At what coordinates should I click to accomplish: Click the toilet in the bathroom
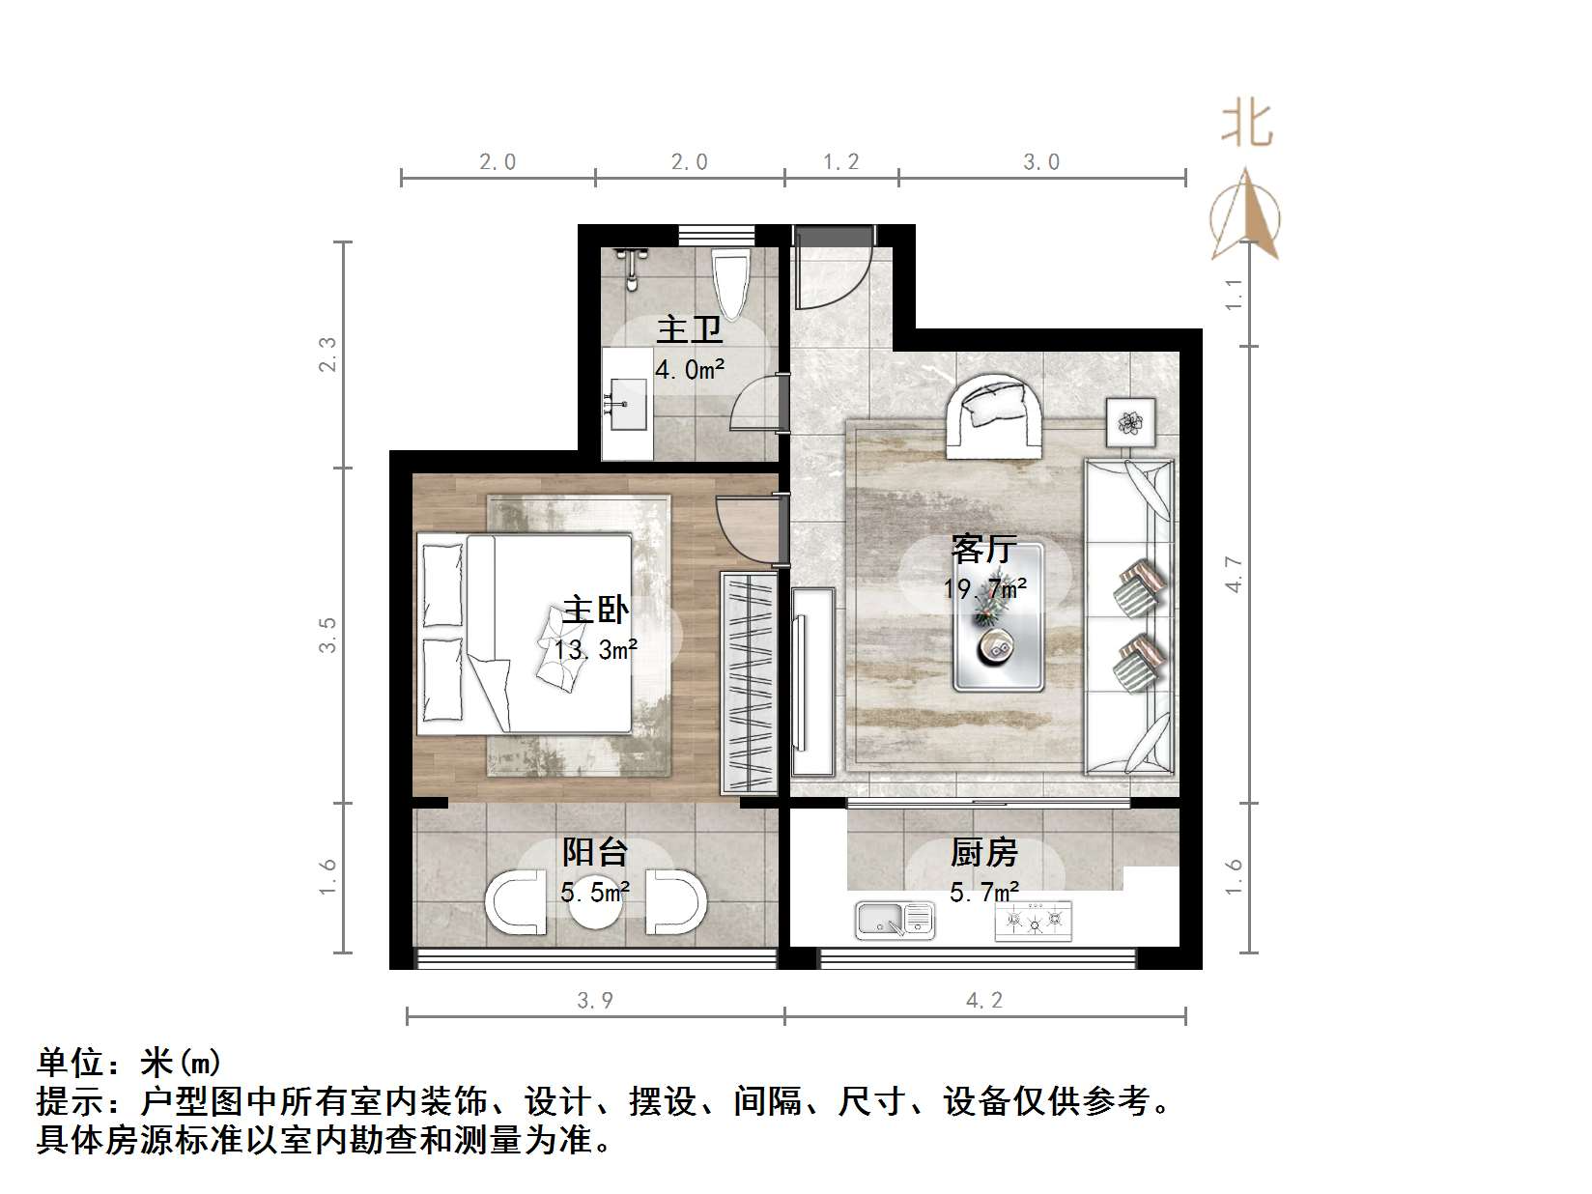click(731, 281)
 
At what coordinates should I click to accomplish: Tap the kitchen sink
click(895, 920)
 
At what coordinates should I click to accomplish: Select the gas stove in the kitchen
click(1033, 921)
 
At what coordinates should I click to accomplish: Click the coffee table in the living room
click(998, 617)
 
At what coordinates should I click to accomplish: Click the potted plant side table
click(1130, 422)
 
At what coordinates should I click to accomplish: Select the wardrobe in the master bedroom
click(749, 683)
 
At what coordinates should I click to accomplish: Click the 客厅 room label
click(983, 550)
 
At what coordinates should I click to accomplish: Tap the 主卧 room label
click(595, 611)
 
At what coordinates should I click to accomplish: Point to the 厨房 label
click(983, 853)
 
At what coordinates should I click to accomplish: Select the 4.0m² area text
click(690, 369)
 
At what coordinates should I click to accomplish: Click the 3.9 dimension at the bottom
click(595, 1001)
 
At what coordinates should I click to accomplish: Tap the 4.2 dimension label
click(984, 1001)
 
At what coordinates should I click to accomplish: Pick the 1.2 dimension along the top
click(840, 162)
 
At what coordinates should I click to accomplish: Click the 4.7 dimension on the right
click(1234, 574)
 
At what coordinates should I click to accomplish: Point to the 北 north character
click(1246, 126)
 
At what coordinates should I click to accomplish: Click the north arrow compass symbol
click(1245, 217)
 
